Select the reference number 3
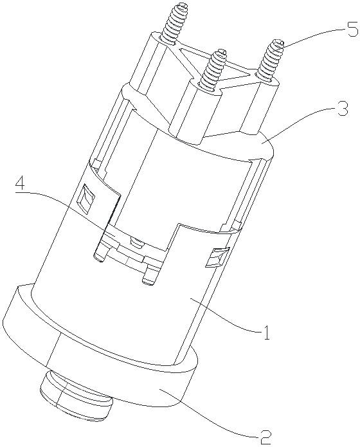[x=343, y=108]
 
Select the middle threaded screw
[x=213, y=69]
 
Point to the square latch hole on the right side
[x=218, y=257]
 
